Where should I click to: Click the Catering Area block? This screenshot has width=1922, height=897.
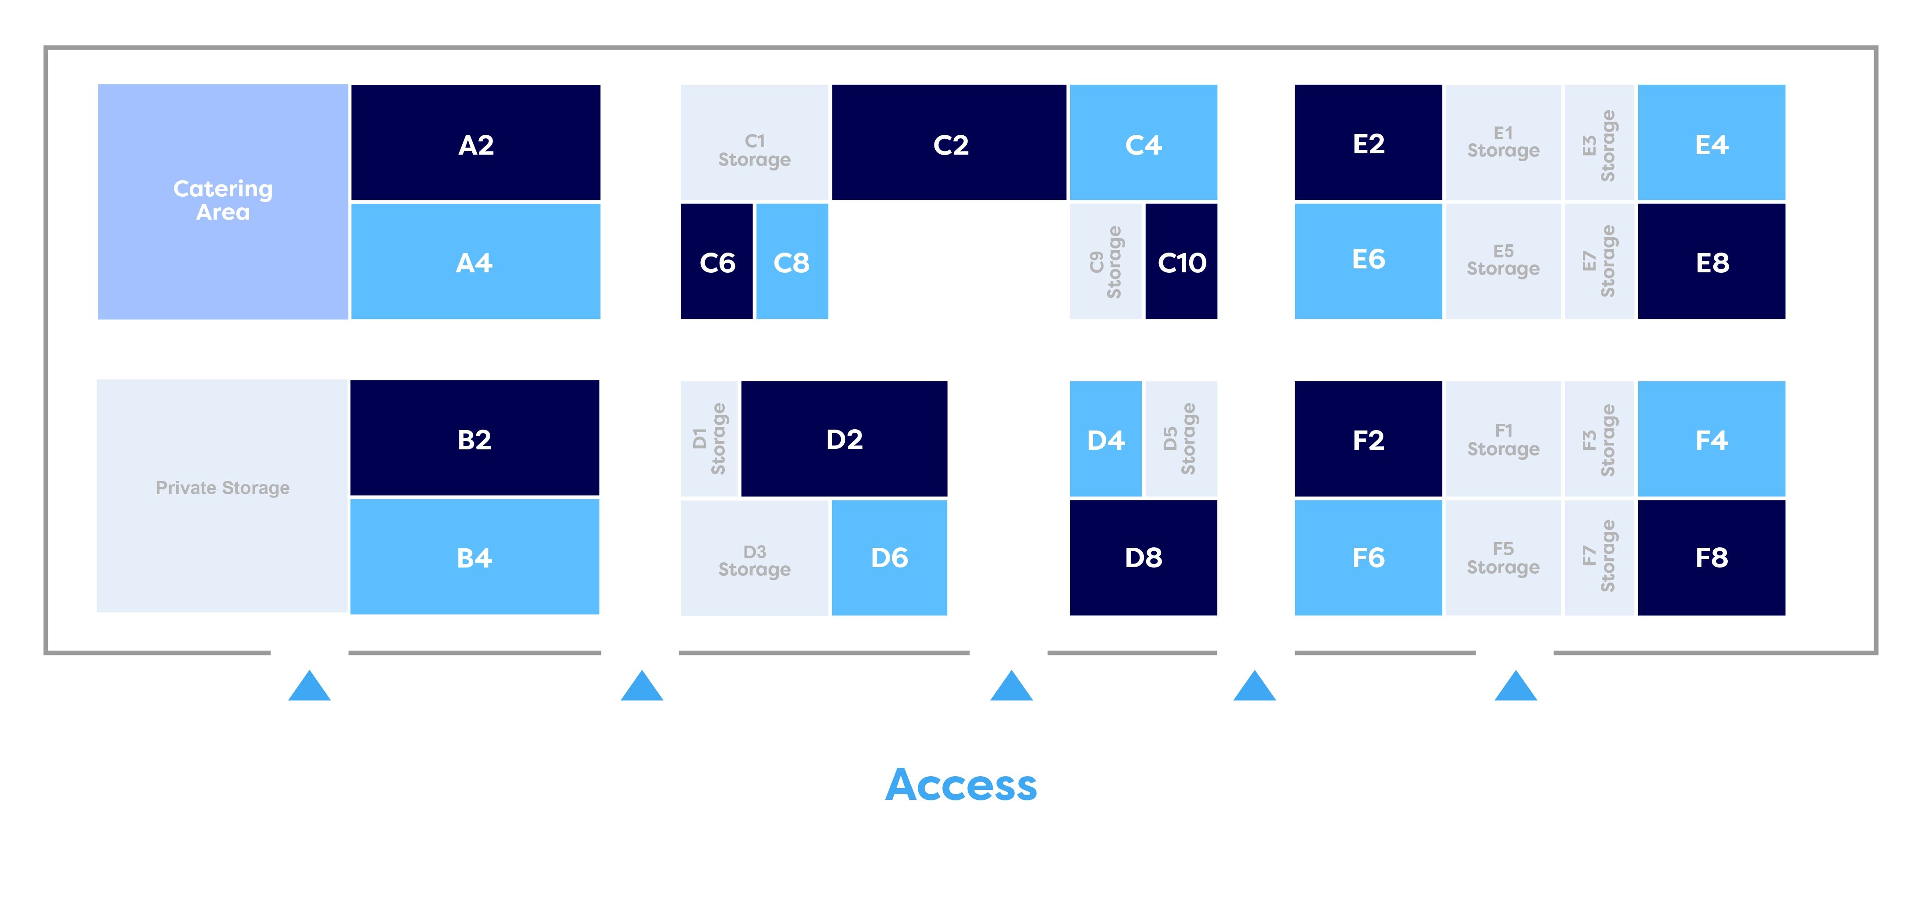click(x=222, y=202)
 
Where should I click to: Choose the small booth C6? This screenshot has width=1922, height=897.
click(x=716, y=261)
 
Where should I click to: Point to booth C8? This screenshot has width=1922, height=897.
click(x=792, y=261)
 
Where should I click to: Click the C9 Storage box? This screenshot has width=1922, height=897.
click(x=1106, y=261)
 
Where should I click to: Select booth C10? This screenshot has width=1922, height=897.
click(x=1181, y=261)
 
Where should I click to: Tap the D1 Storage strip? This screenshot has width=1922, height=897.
click(x=709, y=439)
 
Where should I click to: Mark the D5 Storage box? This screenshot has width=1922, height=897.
click(x=1180, y=439)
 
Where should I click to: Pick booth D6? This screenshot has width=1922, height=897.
click(x=889, y=557)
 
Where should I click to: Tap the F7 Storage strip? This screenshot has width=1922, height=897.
click(x=1599, y=557)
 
